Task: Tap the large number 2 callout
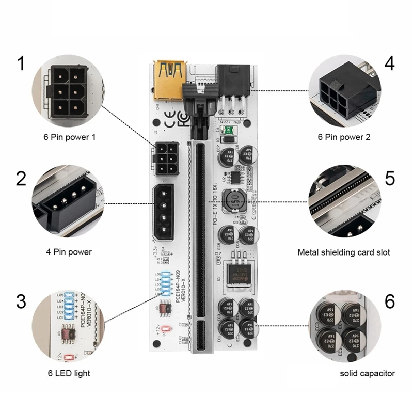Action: coord(21,178)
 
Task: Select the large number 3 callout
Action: coord(21,300)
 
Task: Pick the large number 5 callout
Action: coord(389,178)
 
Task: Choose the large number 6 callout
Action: coord(389,300)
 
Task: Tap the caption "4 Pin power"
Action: coord(69,252)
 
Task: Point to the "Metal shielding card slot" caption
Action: coord(344,252)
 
